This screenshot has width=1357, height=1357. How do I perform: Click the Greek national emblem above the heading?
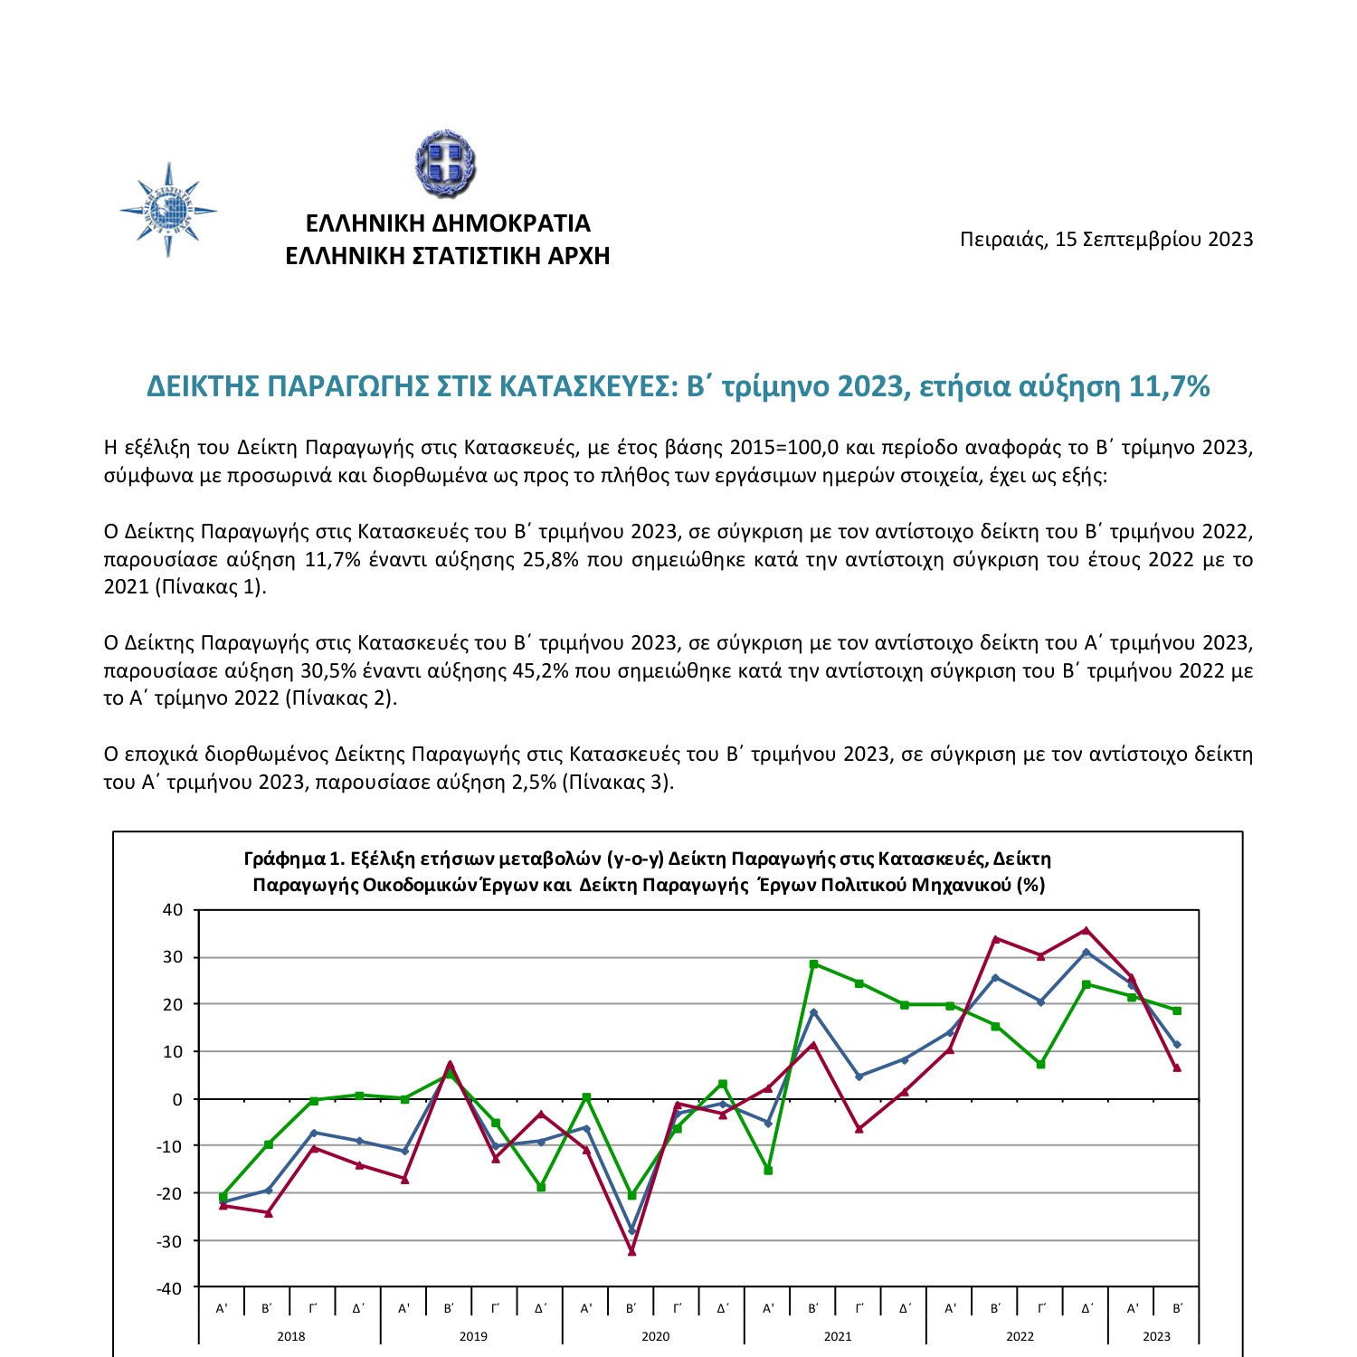pyautogui.click(x=445, y=164)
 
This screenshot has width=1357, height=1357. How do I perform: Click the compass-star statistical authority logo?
pyautogui.click(x=168, y=211)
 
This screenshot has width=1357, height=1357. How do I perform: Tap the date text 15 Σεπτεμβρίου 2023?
pyautogui.click(x=1153, y=239)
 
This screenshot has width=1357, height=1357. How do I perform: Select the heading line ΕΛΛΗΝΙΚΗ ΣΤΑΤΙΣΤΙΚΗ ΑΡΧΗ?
pyautogui.click(x=448, y=256)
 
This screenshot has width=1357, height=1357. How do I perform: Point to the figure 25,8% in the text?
pyautogui.click(x=550, y=559)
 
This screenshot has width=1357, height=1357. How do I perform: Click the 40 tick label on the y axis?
pyautogui.click(x=172, y=910)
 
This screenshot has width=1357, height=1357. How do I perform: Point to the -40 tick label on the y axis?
pyautogui.click(x=169, y=1288)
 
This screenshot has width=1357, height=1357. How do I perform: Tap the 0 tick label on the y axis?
pyautogui.click(x=177, y=1099)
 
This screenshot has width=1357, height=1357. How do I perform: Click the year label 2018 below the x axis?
pyautogui.click(x=290, y=1336)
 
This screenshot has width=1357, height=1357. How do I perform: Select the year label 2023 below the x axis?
pyautogui.click(x=1155, y=1336)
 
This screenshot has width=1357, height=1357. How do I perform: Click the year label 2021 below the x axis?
pyautogui.click(x=837, y=1336)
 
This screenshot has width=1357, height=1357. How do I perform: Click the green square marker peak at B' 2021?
pyautogui.click(x=813, y=964)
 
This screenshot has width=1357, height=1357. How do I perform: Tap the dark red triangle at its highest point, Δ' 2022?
pyautogui.click(x=1087, y=930)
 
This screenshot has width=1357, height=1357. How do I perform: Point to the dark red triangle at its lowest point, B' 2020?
pyautogui.click(x=631, y=1252)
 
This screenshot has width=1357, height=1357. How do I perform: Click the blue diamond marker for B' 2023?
pyautogui.click(x=1177, y=1045)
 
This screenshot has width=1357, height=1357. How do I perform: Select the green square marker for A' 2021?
pyautogui.click(x=768, y=1171)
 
